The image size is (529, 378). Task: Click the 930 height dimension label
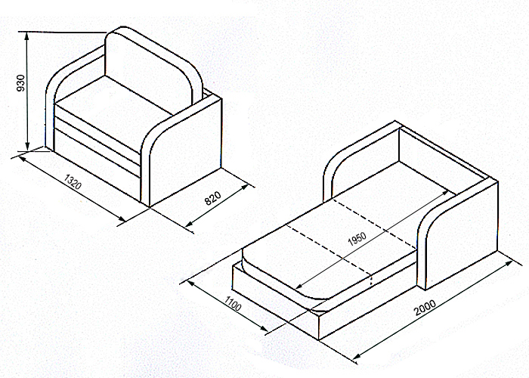pos(21,83)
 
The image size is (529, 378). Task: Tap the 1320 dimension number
pos(73,181)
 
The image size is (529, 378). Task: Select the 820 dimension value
pos(212,198)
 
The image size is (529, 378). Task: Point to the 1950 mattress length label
pos(357,239)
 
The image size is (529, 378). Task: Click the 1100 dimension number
pos(233,303)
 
